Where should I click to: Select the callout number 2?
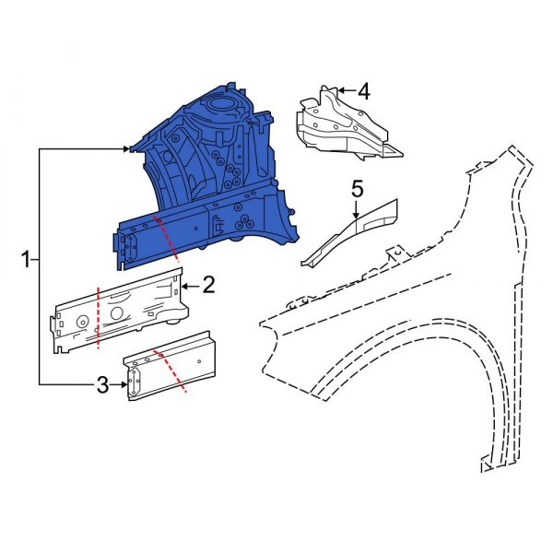pyautogui.click(x=208, y=285)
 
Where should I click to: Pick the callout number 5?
pyautogui.click(x=358, y=189)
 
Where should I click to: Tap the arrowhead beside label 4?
pyautogui.click(x=339, y=90)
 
